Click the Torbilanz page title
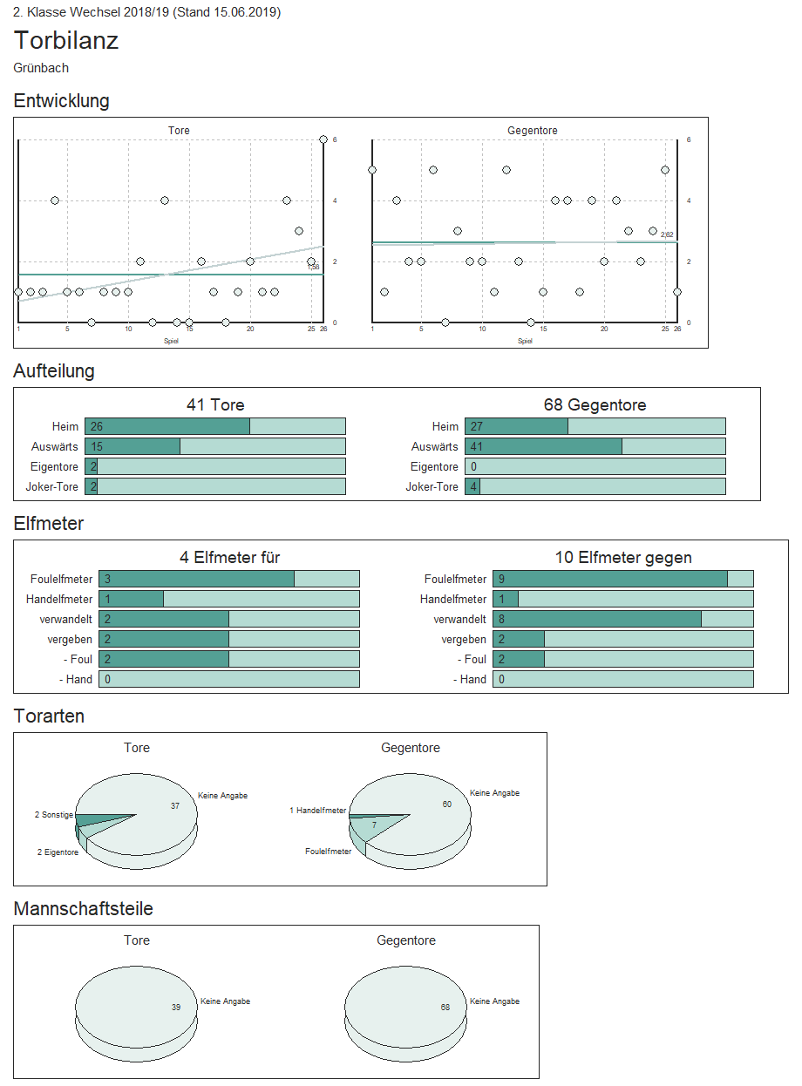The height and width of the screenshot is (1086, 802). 66,41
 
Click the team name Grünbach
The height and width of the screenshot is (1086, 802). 41,68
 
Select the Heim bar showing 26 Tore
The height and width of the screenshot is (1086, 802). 214,426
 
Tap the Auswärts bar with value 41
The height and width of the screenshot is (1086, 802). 595,446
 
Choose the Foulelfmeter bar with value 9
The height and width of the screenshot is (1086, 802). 622,579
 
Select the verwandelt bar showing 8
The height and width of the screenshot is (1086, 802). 622,619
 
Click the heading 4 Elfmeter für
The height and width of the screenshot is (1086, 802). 229,558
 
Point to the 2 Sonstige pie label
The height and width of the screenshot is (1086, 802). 54,815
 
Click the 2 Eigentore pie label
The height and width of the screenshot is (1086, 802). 58,852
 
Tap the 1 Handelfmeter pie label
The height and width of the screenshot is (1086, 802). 317,811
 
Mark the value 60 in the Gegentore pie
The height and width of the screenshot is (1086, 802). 447,804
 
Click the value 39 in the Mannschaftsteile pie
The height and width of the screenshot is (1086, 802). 176,1007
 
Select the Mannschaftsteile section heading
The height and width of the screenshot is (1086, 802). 84,909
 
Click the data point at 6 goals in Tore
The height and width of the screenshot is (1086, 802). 323,139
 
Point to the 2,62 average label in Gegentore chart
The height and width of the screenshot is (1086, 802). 667,234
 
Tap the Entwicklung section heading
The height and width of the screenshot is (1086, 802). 62,101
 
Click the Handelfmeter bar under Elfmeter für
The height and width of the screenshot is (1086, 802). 228,599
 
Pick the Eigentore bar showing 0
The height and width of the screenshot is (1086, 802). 595,466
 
